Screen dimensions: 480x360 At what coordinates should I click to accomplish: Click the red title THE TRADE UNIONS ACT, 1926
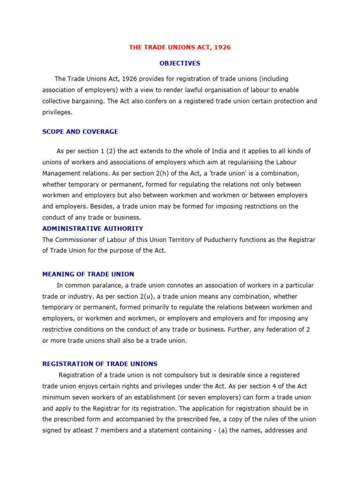click(180, 47)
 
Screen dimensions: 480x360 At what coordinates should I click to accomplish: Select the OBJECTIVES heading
click(180, 63)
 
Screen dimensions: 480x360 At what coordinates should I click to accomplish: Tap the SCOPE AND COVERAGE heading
click(80, 132)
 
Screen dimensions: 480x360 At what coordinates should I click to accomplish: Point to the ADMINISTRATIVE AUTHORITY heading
click(93, 229)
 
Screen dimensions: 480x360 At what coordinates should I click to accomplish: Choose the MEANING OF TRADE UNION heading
click(88, 274)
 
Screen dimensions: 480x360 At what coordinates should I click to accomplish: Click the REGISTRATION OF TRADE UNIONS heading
click(100, 364)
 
